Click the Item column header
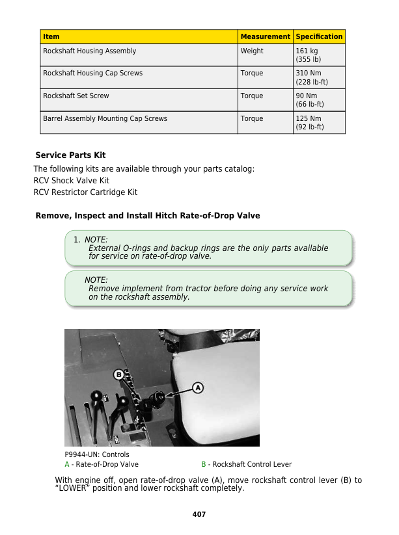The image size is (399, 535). tap(51, 37)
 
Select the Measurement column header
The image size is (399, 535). tap(265, 37)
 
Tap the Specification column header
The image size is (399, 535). tap(319, 37)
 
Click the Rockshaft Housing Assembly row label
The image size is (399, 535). tap(90, 51)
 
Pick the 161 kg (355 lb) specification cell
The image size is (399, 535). tap(309, 55)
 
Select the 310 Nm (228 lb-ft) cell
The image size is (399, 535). tap(312, 77)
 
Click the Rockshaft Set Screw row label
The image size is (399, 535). tap(76, 96)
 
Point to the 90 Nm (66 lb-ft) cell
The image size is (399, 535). tap(310, 100)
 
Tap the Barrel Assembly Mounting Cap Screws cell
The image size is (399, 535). tap(105, 119)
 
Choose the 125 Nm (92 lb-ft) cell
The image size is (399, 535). tap(309, 123)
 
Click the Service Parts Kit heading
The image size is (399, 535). tap(70, 155)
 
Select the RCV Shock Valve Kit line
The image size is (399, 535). tap(72, 181)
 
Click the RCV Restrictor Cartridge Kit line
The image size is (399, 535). tap(85, 192)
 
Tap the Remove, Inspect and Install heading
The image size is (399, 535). tap(147, 216)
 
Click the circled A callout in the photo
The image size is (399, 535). tap(197, 387)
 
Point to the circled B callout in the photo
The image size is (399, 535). tap(119, 374)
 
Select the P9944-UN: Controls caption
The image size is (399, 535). tap(97, 454)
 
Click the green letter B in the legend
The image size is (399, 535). tap(204, 465)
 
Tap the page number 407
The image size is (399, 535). tap(199, 514)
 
